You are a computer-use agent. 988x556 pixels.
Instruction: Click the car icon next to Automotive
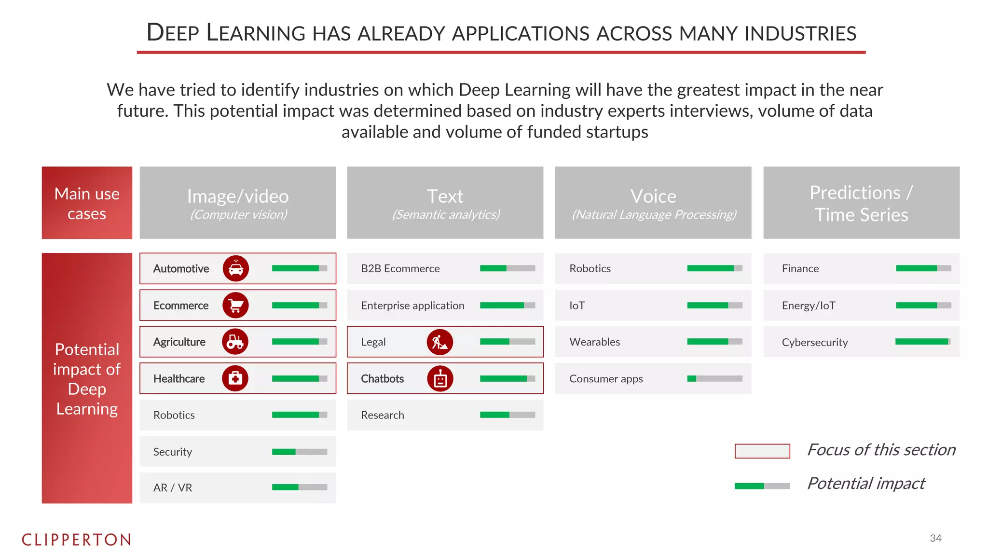tap(235, 268)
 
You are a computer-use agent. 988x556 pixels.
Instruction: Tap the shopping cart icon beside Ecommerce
tap(235, 305)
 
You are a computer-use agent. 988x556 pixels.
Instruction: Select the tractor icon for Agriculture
tap(235, 342)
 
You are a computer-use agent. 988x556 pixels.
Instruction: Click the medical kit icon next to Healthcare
tap(235, 378)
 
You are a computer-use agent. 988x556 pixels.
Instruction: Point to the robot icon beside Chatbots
tap(440, 378)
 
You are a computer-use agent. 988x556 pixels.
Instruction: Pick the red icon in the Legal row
tap(439, 342)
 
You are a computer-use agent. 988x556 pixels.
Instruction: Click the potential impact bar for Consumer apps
tap(714, 378)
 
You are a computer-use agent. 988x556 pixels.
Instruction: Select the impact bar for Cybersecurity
tap(923, 342)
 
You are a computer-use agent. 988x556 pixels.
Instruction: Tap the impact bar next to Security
tap(299, 452)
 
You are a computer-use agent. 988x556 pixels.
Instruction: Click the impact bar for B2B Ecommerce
tap(507, 268)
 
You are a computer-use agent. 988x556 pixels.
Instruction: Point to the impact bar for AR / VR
tap(299, 487)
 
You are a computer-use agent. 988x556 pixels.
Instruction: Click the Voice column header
tap(653, 203)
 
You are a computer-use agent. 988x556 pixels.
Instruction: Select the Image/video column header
tap(238, 203)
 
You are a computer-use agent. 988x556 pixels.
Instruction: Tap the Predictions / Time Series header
tap(861, 203)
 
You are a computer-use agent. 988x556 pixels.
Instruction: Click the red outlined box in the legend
tap(762, 451)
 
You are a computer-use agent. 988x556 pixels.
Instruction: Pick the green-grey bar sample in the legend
tap(762, 486)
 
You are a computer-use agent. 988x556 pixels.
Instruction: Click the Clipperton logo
tap(76, 540)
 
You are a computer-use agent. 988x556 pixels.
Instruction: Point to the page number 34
tap(935, 538)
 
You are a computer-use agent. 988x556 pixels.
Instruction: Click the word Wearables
tap(594, 342)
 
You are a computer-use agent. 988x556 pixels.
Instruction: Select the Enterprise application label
tap(412, 306)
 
